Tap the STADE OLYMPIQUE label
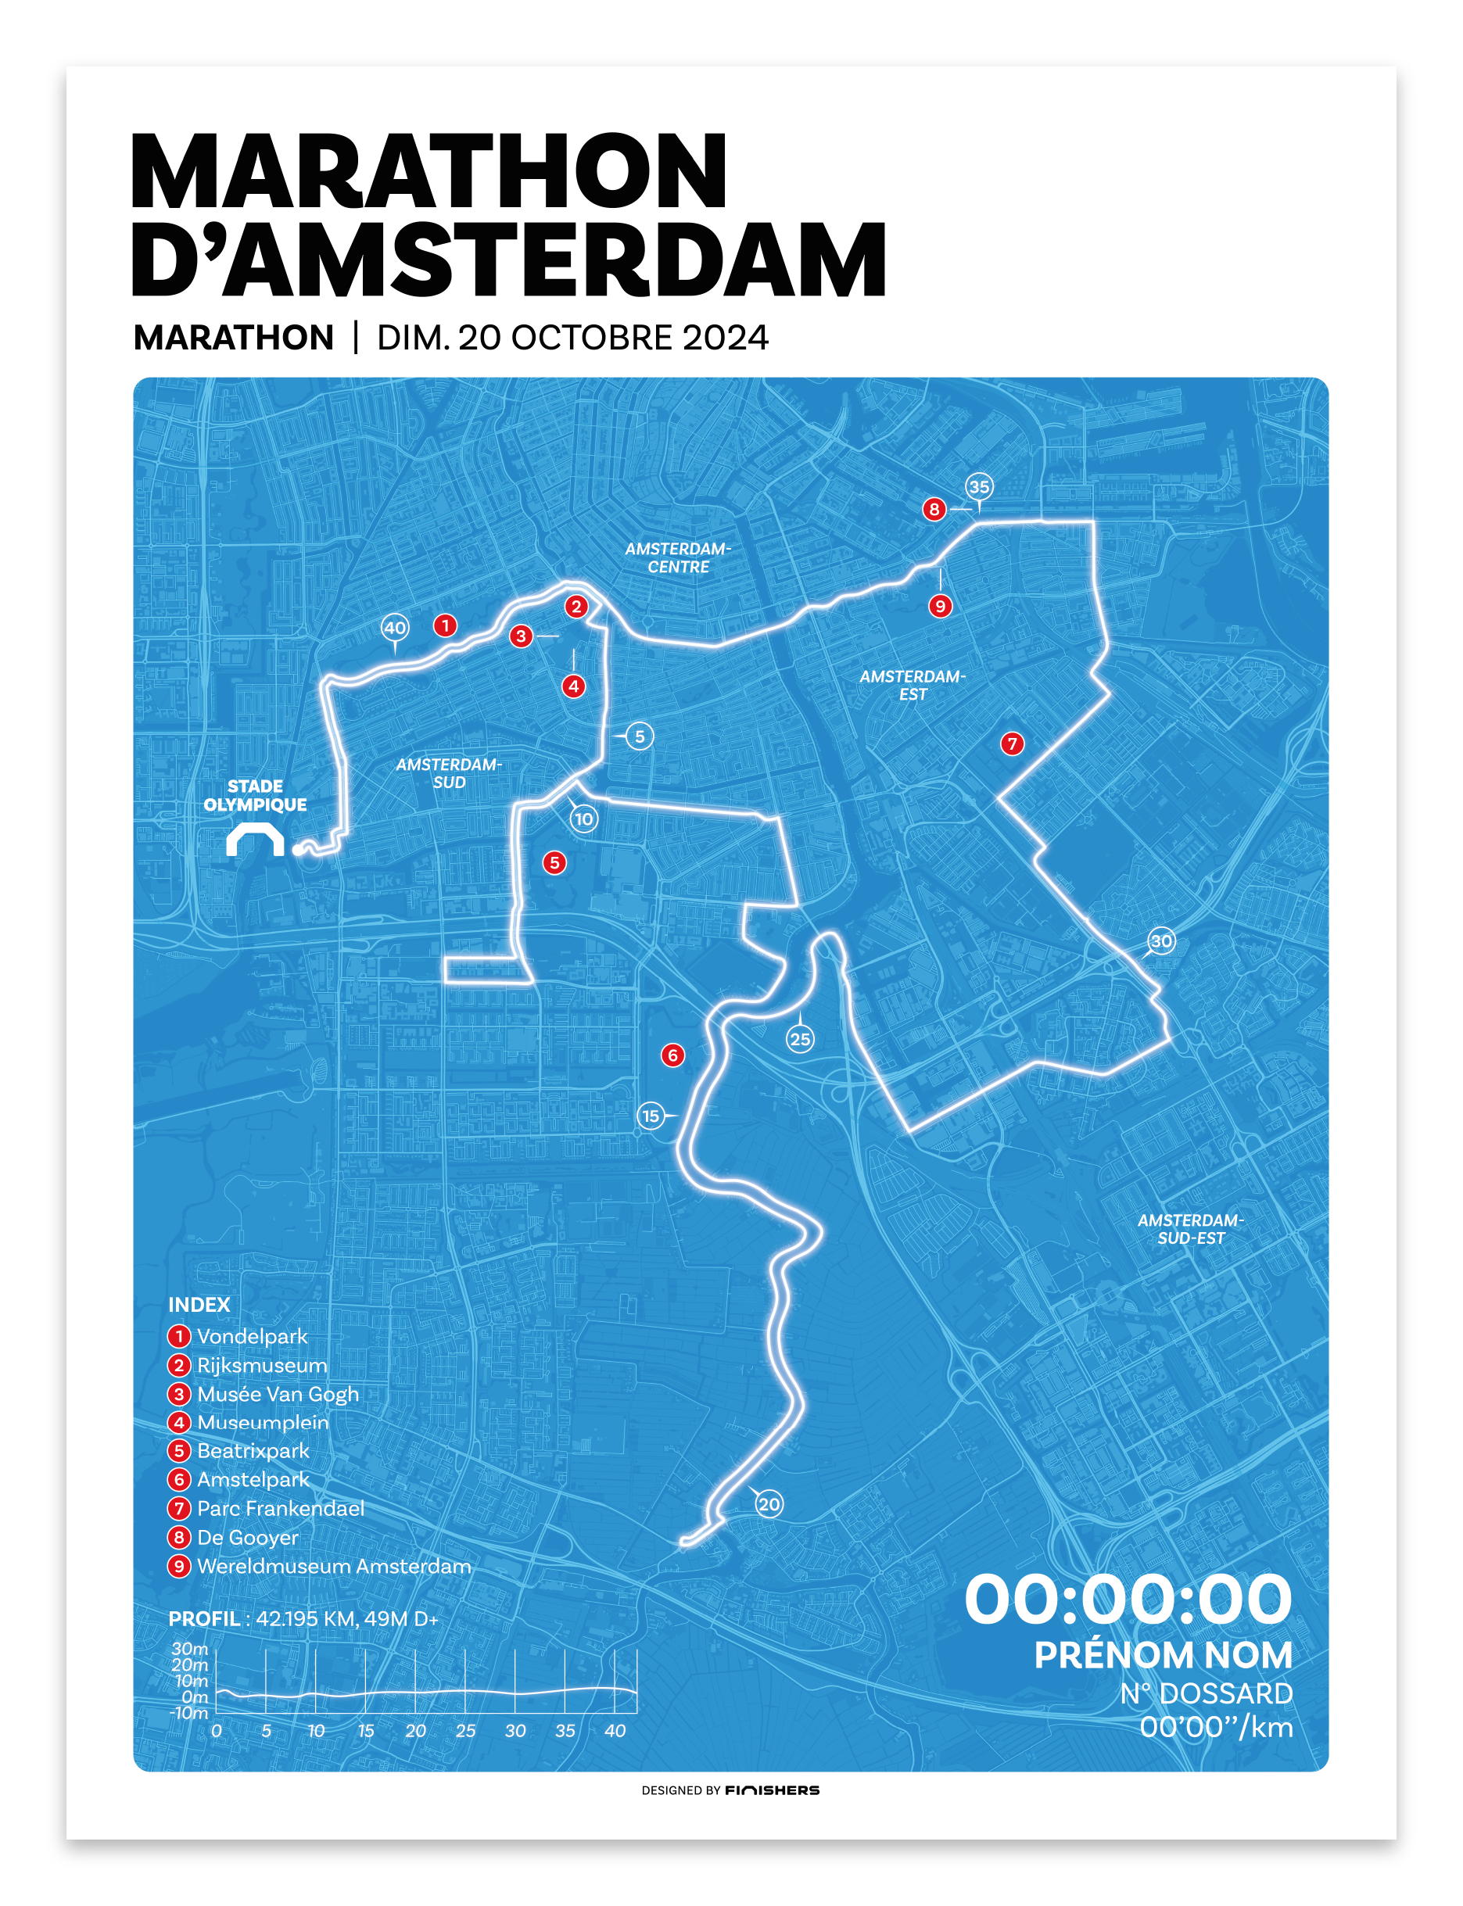[255, 795]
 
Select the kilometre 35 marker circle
[979, 487]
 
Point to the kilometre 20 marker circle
[769, 1503]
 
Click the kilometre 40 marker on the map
[395, 627]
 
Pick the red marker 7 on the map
[1011, 743]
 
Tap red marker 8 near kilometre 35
[934, 510]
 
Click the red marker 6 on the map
[672, 1055]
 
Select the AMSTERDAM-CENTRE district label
[679, 557]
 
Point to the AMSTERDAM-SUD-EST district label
[1190, 1229]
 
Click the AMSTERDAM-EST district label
[913, 686]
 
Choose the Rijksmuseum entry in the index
[261, 1365]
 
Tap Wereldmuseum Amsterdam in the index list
[334, 1567]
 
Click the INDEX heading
[199, 1304]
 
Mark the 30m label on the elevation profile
[190, 1648]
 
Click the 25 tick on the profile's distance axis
[465, 1731]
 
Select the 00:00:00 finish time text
[1128, 1599]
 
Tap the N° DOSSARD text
[1206, 1693]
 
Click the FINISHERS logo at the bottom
[772, 1790]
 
